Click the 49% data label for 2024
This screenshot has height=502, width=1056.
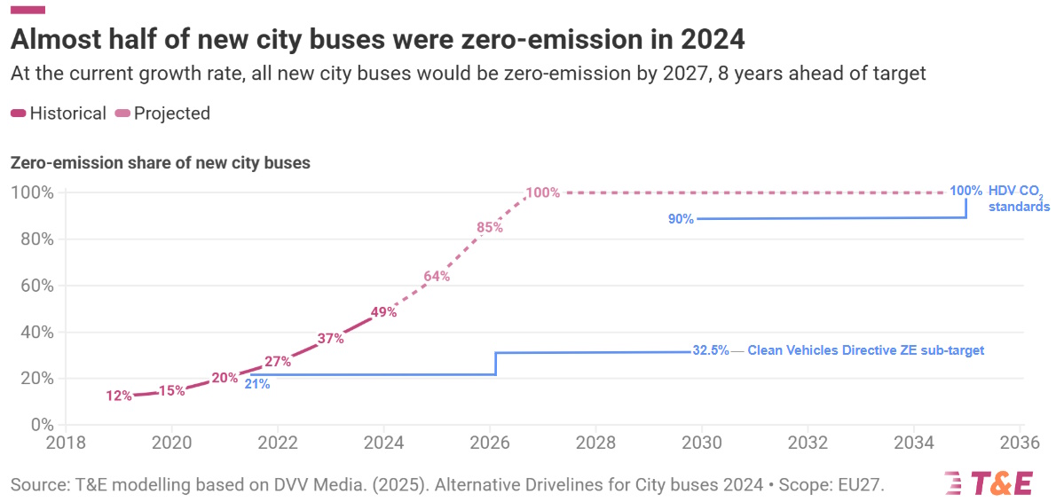(383, 311)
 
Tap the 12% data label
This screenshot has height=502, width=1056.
(119, 396)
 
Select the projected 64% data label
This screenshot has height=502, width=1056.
(437, 276)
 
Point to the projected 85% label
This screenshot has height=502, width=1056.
(490, 227)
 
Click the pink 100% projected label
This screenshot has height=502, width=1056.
(542, 192)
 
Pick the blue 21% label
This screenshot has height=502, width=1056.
(256, 384)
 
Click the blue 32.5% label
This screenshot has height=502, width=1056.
(710, 350)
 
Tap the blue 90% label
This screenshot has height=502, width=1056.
(681, 218)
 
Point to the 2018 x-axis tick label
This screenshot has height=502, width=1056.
(66, 442)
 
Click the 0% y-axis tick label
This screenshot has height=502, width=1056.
(42, 425)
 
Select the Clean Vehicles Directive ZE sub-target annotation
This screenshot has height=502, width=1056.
(865, 350)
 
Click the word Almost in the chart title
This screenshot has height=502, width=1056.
(55, 40)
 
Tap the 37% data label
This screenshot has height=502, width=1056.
(330, 338)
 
